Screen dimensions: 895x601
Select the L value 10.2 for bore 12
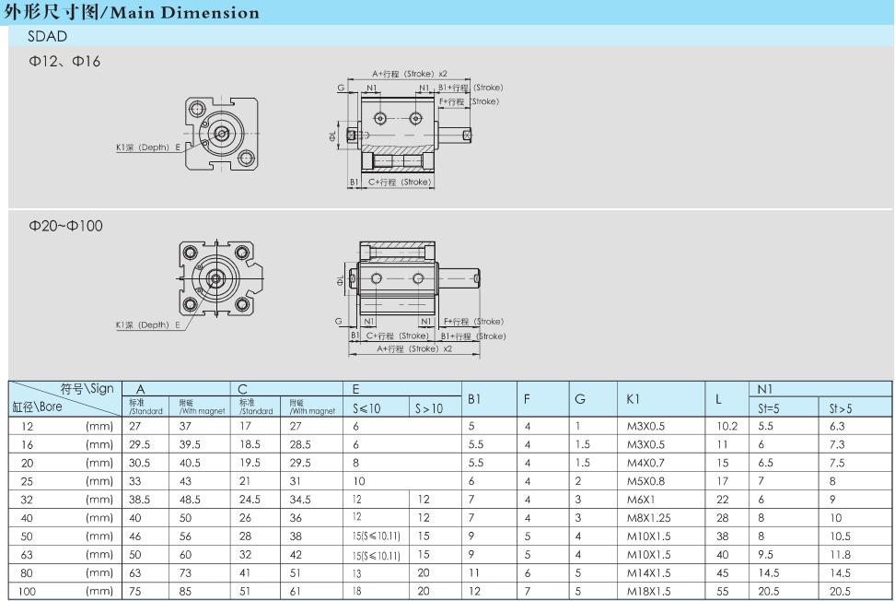(x=726, y=426)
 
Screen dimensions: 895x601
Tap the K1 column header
(x=633, y=399)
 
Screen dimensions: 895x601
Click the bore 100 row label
(x=27, y=591)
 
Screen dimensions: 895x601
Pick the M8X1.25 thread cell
(x=649, y=518)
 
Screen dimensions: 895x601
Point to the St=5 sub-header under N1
(x=769, y=408)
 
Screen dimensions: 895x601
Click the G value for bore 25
(x=578, y=481)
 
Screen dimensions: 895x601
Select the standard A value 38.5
(x=139, y=500)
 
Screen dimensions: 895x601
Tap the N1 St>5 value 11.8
(x=840, y=555)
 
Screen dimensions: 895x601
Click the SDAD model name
(x=47, y=37)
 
